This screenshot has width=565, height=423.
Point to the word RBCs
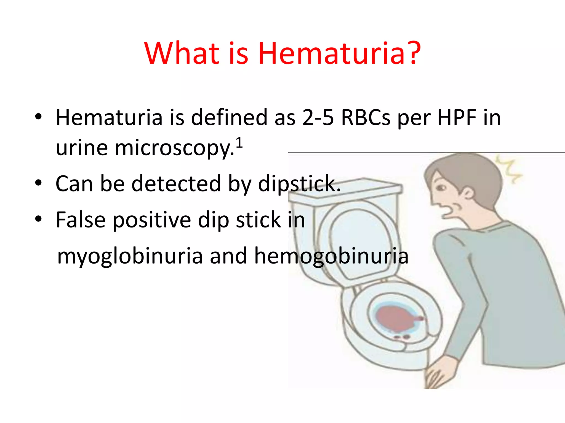tap(366, 118)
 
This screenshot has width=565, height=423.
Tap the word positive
tap(151, 220)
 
